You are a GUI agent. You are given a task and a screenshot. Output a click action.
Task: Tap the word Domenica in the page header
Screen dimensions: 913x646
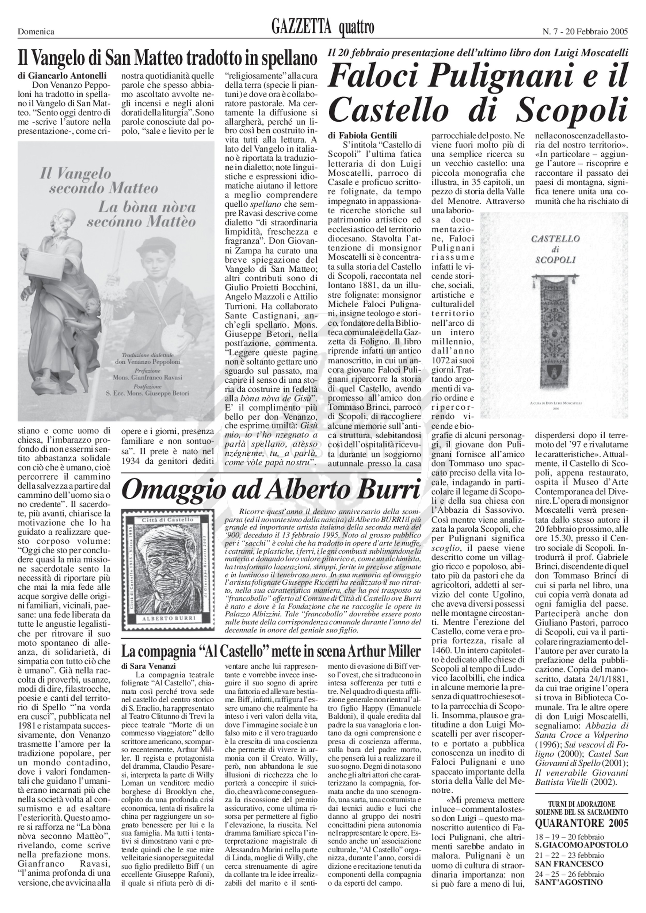coord(36,32)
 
